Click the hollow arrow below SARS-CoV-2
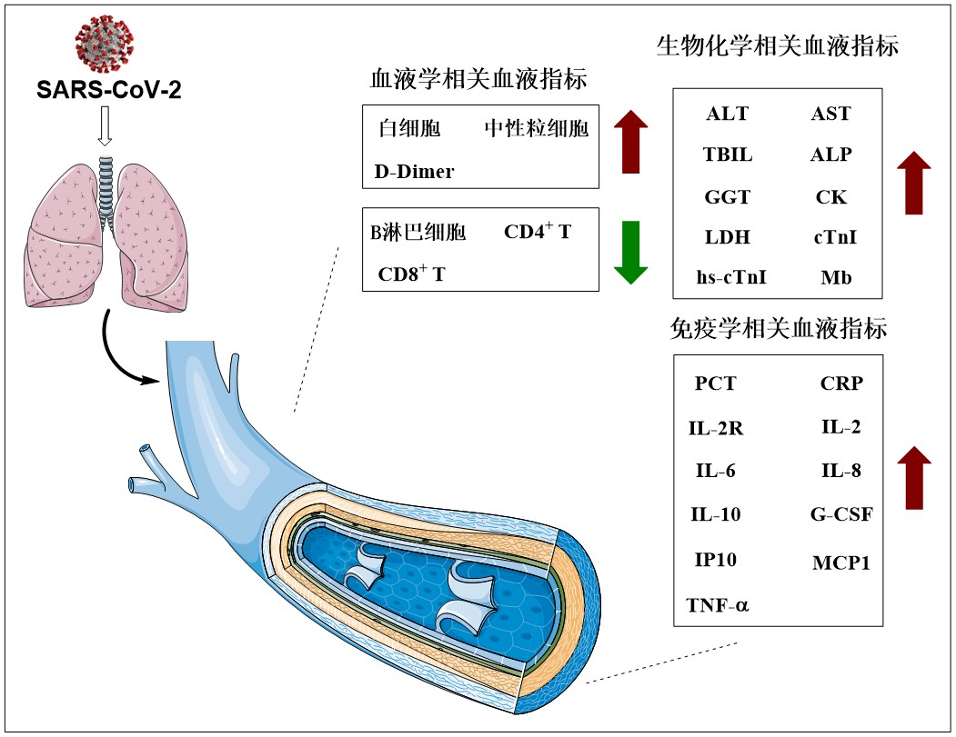(x=105, y=128)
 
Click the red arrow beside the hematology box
(x=630, y=142)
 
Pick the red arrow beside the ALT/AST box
(x=914, y=183)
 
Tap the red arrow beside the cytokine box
(x=914, y=477)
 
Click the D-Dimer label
(x=414, y=171)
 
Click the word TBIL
(x=728, y=154)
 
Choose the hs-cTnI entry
(x=731, y=277)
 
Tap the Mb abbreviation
(x=836, y=277)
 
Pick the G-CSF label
(x=841, y=515)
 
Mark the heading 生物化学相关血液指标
(x=778, y=46)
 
